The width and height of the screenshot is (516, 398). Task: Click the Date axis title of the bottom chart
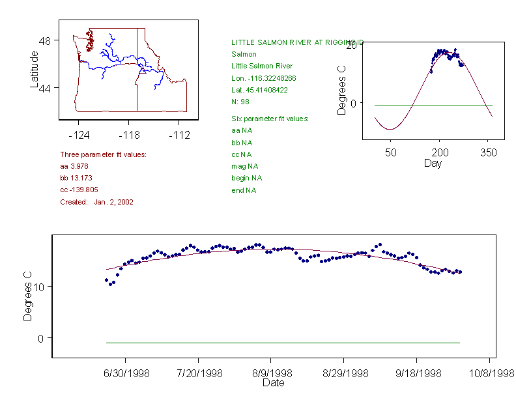click(273, 383)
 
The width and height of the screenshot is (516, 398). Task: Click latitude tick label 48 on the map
click(45, 40)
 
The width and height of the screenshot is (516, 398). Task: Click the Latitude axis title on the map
click(35, 69)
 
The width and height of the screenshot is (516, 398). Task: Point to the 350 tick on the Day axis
click(489, 153)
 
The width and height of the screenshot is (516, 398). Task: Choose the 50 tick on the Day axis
click(390, 153)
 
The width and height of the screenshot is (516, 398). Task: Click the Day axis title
click(433, 163)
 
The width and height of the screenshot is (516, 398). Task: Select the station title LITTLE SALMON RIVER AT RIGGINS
click(293, 42)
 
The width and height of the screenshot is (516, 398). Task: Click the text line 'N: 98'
click(240, 102)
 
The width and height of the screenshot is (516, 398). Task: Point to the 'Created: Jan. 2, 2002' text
click(97, 202)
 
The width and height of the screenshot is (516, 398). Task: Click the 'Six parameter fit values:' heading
click(270, 119)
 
